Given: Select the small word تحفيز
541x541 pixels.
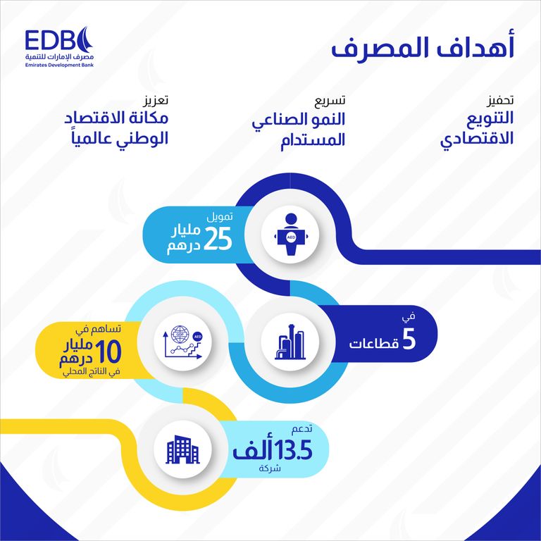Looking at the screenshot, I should pyautogui.click(x=500, y=100).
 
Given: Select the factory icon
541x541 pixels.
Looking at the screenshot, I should pyautogui.click(x=291, y=341).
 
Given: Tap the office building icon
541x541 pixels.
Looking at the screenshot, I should pyautogui.click(x=182, y=449).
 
